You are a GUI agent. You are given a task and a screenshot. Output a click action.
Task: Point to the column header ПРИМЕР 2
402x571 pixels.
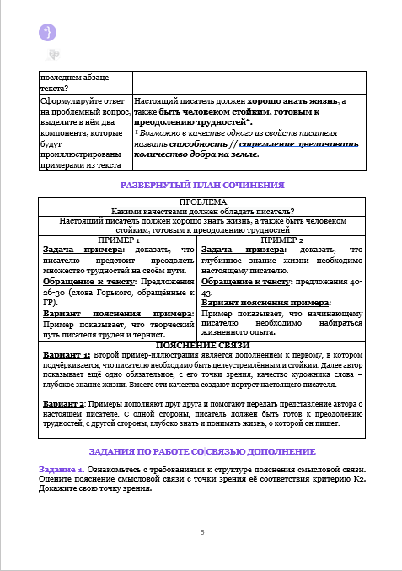(x=281, y=240)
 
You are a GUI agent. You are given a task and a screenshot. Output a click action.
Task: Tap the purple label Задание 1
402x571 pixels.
(x=61, y=468)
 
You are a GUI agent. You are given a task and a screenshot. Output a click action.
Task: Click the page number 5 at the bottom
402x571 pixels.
(x=201, y=532)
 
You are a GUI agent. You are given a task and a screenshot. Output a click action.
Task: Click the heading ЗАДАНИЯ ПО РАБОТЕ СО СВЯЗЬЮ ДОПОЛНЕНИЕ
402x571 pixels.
(x=201, y=451)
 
